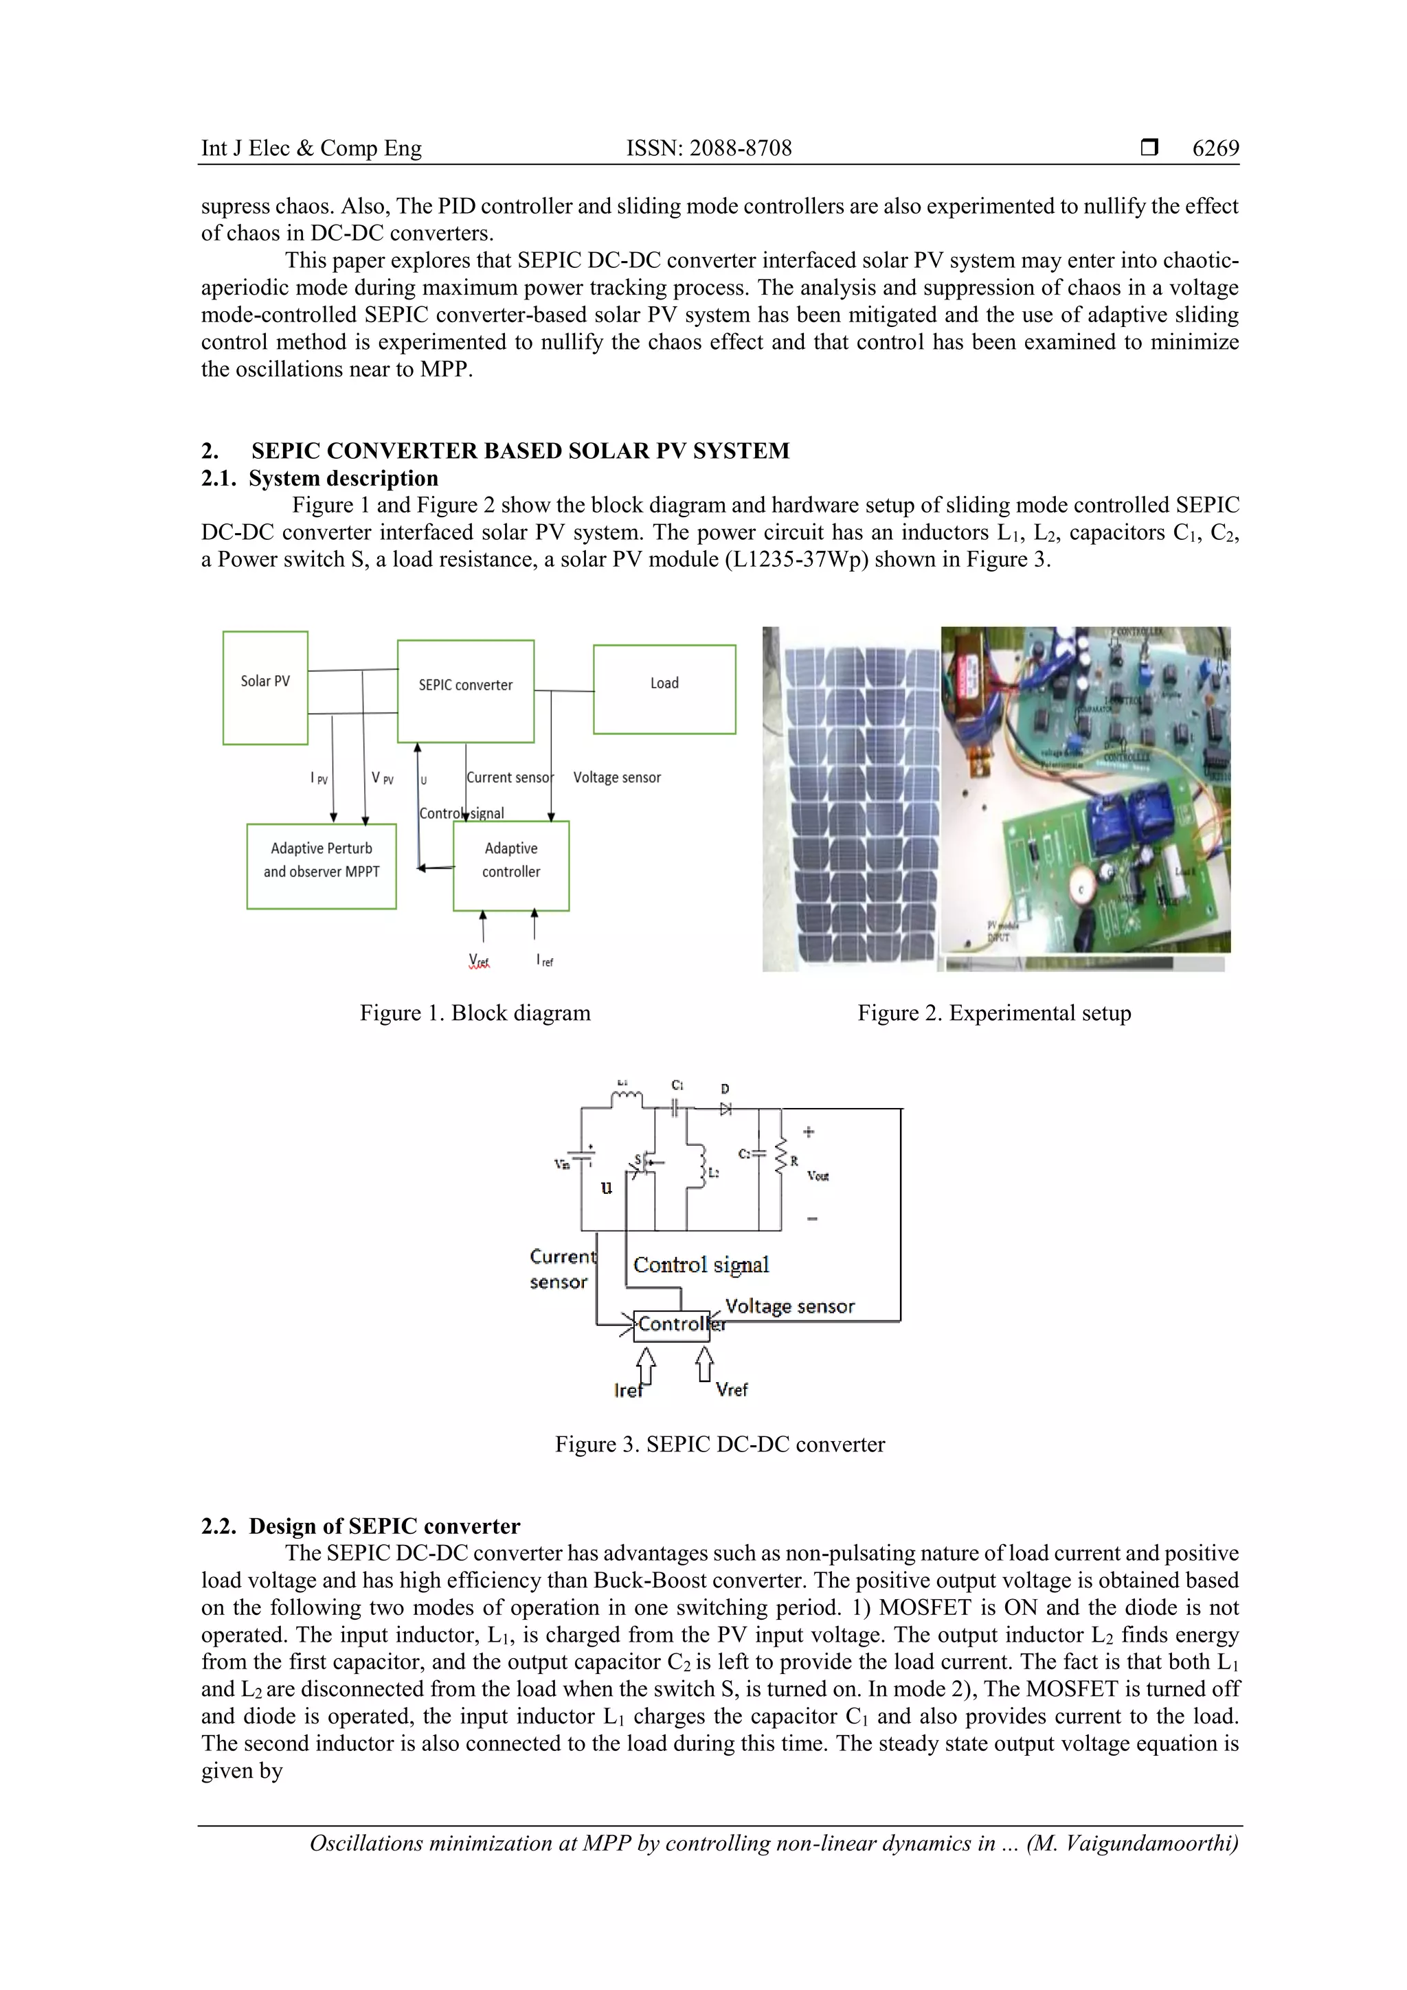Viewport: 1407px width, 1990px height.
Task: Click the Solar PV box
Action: click(x=265, y=688)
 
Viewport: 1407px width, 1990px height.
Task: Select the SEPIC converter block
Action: click(x=466, y=691)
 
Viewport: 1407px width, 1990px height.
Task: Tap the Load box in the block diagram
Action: click(x=664, y=689)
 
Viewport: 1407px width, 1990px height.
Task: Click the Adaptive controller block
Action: click(x=510, y=865)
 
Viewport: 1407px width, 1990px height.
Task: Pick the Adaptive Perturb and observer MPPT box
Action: click(x=321, y=865)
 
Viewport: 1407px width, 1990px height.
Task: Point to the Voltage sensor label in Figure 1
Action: click(x=616, y=778)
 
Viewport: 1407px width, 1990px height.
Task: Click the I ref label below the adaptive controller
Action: click(x=544, y=960)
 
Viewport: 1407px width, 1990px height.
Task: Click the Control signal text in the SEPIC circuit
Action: click(x=701, y=1265)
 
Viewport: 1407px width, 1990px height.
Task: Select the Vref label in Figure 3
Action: click(x=731, y=1390)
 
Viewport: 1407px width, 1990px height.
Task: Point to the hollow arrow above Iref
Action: click(x=646, y=1368)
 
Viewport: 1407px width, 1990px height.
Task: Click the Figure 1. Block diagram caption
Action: click(x=475, y=1013)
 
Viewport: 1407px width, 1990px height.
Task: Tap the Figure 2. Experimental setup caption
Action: click(x=993, y=1013)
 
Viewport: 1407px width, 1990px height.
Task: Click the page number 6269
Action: click(x=1215, y=148)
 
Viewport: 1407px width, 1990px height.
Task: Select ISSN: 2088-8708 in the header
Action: click(x=708, y=148)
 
